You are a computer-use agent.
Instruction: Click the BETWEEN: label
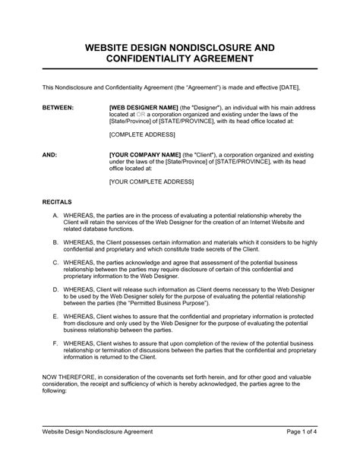click(x=58, y=109)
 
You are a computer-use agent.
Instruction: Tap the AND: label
click(x=49, y=153)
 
